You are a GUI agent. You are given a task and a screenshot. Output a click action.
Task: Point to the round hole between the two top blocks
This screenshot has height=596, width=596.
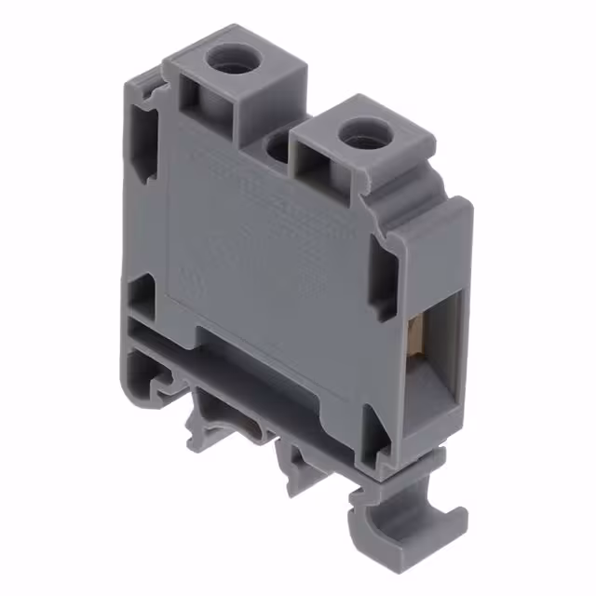(277, 147)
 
